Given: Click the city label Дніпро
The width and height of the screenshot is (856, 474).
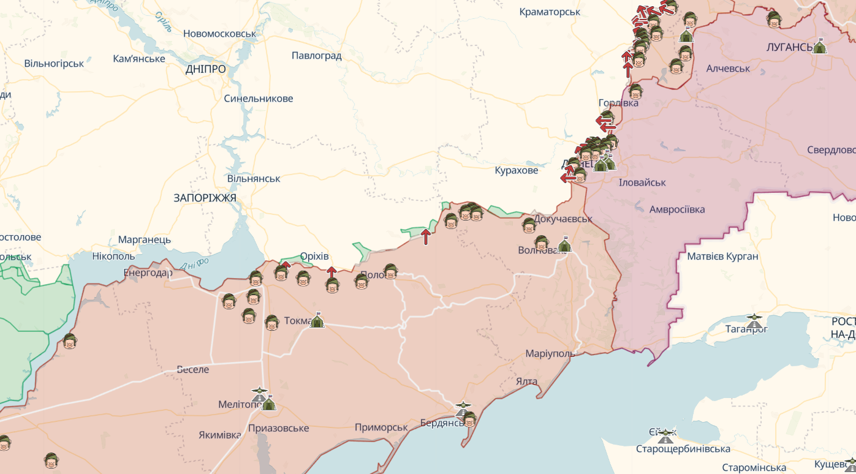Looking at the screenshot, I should (205, 69).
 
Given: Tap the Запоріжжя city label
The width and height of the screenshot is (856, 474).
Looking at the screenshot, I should (205, 198).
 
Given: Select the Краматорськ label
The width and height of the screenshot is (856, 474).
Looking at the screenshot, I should (550, 12).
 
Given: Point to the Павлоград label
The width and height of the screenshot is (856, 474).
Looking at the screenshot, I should (316, 56).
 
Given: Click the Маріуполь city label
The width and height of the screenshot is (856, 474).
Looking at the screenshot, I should (550, 353).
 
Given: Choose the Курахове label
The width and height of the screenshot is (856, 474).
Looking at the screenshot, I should (517, 170).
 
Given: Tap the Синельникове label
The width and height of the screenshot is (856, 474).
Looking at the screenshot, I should (258, 99).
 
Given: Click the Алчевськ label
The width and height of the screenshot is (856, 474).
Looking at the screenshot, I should (728, 68).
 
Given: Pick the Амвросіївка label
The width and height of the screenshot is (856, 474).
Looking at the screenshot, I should (677, 209).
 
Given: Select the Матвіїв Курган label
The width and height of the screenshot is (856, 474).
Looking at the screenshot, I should (722, 256).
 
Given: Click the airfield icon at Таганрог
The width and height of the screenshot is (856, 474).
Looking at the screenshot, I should (754, 320).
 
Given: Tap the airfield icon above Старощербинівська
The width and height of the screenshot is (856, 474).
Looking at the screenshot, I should (665, 435).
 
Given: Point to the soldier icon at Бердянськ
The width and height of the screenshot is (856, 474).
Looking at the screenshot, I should (470, 419).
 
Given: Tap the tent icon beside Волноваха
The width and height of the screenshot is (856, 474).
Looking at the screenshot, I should (564, 244).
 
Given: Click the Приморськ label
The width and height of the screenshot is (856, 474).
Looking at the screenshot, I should (381, 427).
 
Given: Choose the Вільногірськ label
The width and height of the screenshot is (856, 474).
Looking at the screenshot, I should (54, 63).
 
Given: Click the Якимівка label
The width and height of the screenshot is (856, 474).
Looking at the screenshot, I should (220, 435).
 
